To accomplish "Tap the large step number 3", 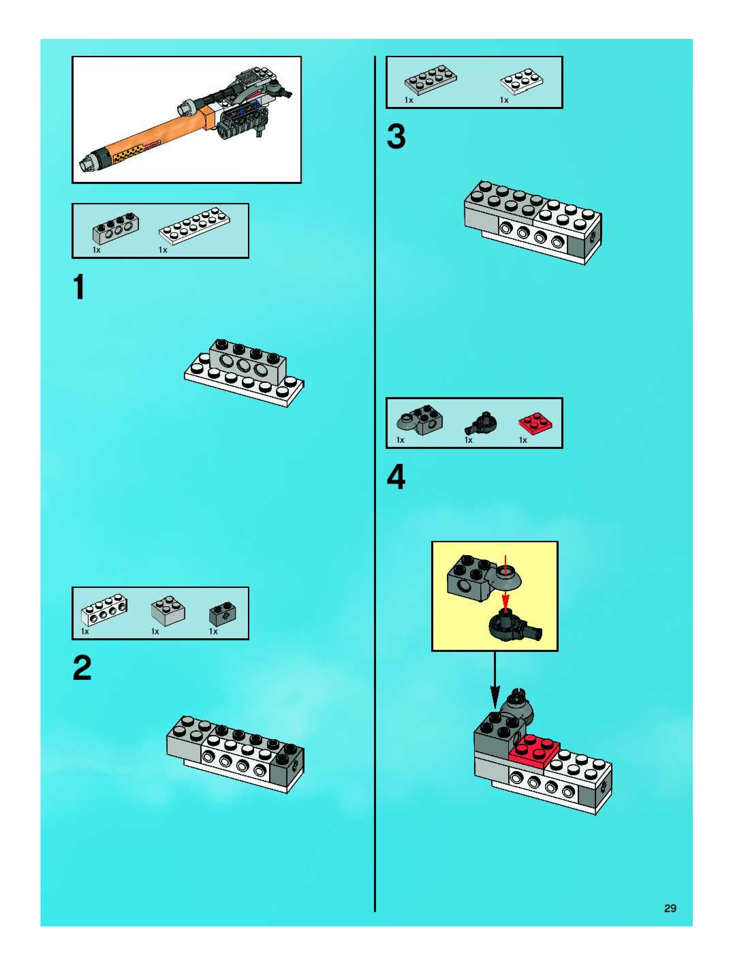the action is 396,137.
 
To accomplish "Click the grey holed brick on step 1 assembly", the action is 248,359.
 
